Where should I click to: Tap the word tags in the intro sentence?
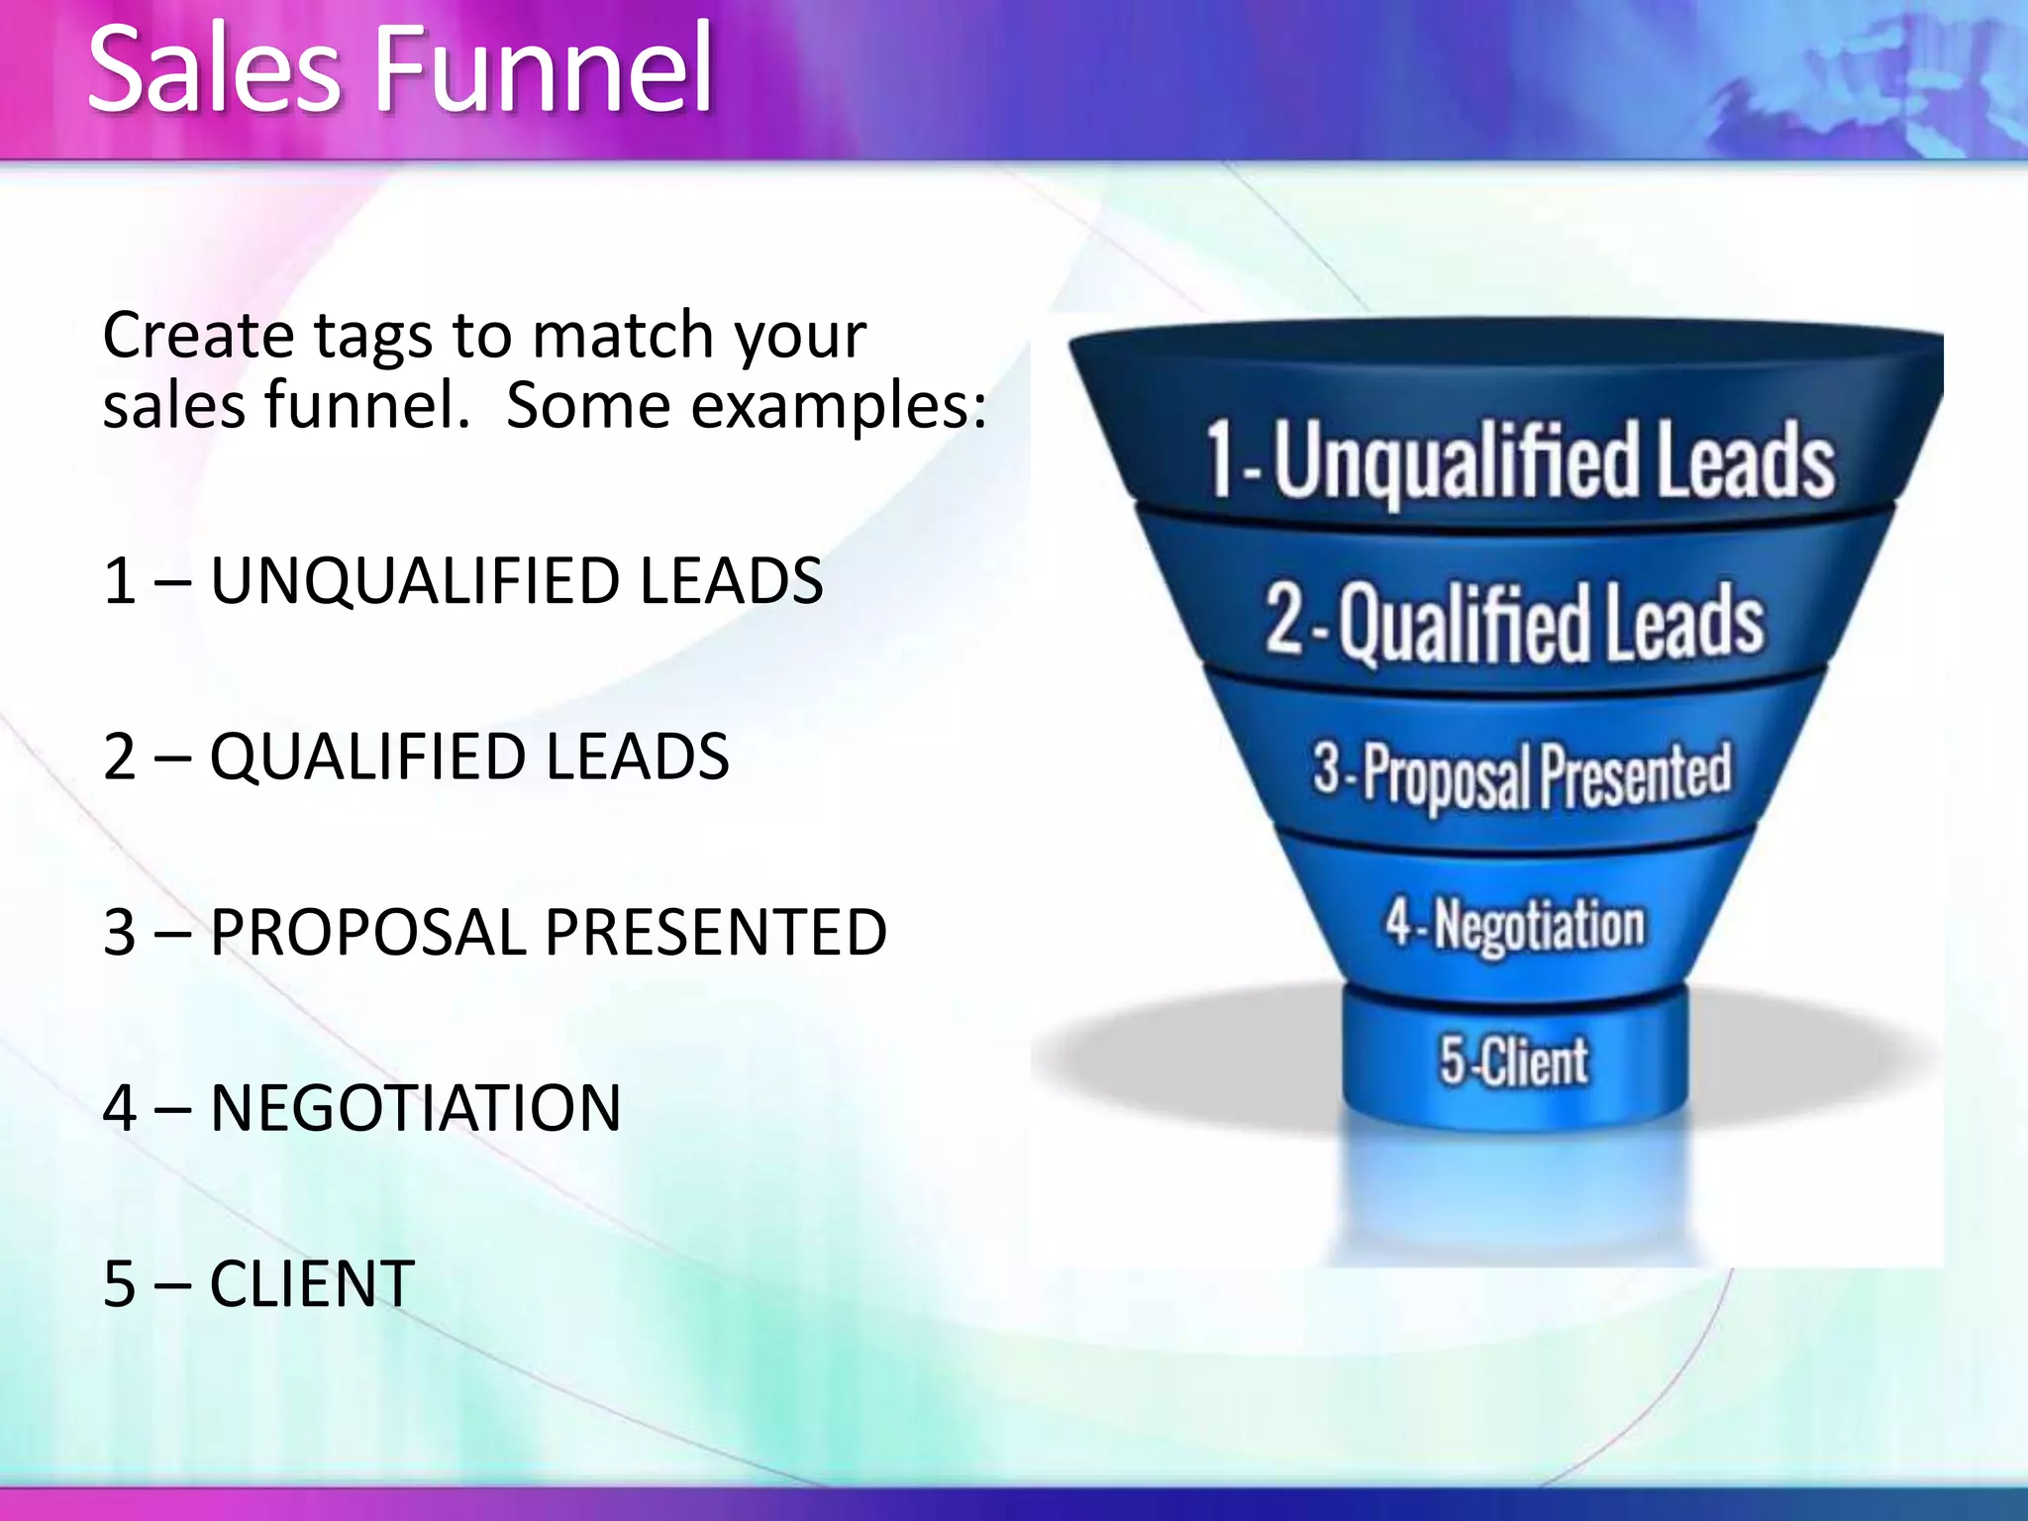coord(373,337)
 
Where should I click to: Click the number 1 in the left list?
coord(120,581)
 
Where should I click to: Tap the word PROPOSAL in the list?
coord(368,933)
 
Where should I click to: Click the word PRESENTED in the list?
coord(715,933)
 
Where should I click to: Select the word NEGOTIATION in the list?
coord(416,1108)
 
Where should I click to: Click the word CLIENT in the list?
coord(312,1284)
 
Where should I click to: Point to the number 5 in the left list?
coord(120,1284)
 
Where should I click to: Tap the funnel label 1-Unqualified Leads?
coord(1519,459)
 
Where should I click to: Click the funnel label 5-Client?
coord(1514,1061)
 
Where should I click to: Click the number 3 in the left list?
coord(120,933)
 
